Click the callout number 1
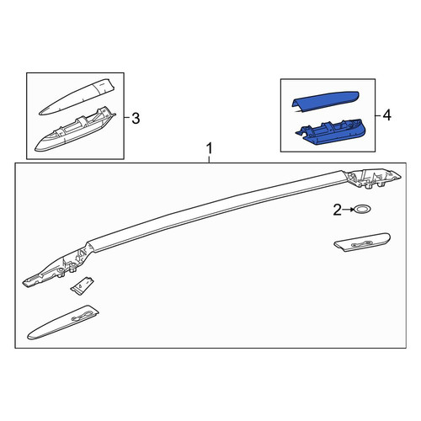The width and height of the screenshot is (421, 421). pos(209,149)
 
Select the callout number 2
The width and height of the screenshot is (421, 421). pos(338,210)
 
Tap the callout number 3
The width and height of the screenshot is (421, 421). pos(136,119)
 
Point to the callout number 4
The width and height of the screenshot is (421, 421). pos(387,115)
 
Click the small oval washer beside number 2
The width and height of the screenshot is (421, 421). pos(363,209)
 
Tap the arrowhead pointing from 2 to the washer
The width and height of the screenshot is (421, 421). pos(352,210)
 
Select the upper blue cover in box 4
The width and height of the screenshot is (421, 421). pos(326,102)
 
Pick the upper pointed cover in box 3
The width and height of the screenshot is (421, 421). pos(77,98)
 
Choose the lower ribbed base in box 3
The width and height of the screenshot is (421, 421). pos(75,130)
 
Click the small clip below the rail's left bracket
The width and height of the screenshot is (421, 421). pos(82,285)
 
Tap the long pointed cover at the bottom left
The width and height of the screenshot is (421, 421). pos(63,322)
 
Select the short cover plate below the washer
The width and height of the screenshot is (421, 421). pos(362,242)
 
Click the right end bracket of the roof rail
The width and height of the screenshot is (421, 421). pos(374,179)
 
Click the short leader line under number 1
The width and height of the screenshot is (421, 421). pos(209,160)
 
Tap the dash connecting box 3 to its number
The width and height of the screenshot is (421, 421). pos(127,117)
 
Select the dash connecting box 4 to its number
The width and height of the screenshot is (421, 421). pos(378,115)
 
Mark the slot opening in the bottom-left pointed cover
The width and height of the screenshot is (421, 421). pos(81,317)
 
